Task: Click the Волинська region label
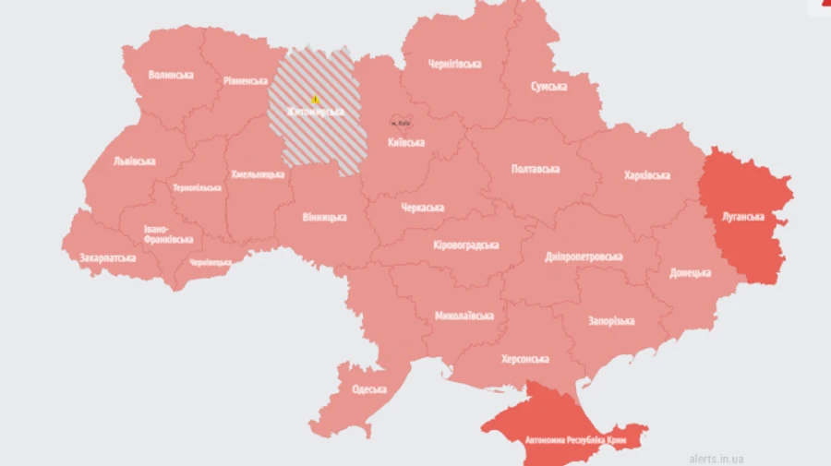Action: (171, 75)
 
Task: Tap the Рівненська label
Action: (246, 80)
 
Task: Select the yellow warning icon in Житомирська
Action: (315, 99)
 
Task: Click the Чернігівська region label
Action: (454, 64)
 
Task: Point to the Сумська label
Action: (548, 86)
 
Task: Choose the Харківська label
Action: (646, 174)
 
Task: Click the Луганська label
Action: (742, 217)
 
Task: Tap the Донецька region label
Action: (691, 273)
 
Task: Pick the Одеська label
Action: (369, 388)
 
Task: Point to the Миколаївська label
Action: (464, 316)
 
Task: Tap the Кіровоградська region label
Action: (465, 245)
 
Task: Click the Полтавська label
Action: (536, 169)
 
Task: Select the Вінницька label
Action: (324, 217)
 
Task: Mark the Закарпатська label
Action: (108, 257)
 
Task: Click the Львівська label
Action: (134, 161)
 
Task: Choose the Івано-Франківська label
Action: (169, 233)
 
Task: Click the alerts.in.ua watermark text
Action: (717, 458)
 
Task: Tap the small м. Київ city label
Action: (400, 122)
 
